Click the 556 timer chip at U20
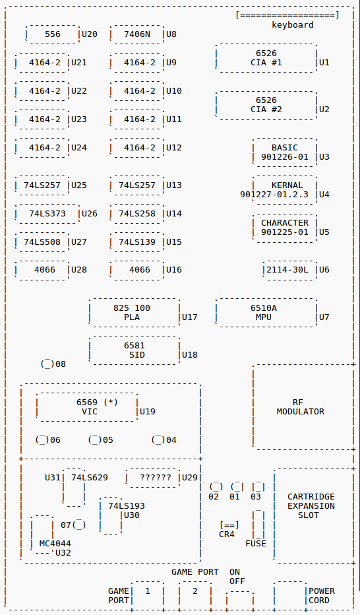click(53, 34)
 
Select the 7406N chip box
click(136, 34)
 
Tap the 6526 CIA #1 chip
click(266, 58)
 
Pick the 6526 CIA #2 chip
click(266, 105)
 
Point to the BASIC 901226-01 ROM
click(285, 152)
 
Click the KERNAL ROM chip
click(285, 190)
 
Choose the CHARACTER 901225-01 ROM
click(285, 228)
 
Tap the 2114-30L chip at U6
click(290, 270)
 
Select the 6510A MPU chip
click(266, 313)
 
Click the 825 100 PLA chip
click(135, 313)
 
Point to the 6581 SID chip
click(135, 350)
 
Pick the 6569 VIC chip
click(87, 406)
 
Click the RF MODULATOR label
click(301, 407)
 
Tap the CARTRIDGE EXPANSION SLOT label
click(311, 506)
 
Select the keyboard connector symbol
click(287, 15)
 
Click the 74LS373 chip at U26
click(47, 214)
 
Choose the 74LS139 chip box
click(136, 242)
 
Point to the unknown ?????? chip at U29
click(153, 478)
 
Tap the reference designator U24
click(78, 148)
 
